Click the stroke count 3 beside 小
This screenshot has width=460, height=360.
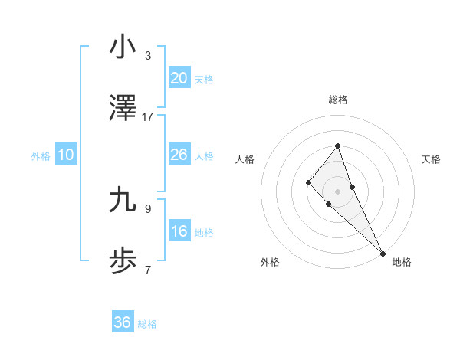tap(148, 56)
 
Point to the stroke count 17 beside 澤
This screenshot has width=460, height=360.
tap(148, 117)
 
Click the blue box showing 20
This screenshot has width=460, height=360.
tap(179, 78)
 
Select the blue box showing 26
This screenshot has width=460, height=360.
tap(179, 155)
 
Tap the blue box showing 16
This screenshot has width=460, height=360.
tap(179, 231)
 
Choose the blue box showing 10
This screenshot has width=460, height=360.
tap(65, 155)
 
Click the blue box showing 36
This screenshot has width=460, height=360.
tap(122, 322)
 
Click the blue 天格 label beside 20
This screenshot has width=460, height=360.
tap(204, 80)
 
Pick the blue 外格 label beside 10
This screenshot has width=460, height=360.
tap(41, 156)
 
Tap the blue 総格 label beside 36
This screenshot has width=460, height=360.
tap(147, 324)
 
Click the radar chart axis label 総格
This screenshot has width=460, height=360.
tap(337, 100)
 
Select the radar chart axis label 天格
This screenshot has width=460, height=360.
tap(431, 159)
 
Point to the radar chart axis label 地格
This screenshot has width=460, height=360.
tap(402, 262)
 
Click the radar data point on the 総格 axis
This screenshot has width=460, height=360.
tap(337, 146)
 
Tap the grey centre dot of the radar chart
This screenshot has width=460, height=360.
tap(337, 191)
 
